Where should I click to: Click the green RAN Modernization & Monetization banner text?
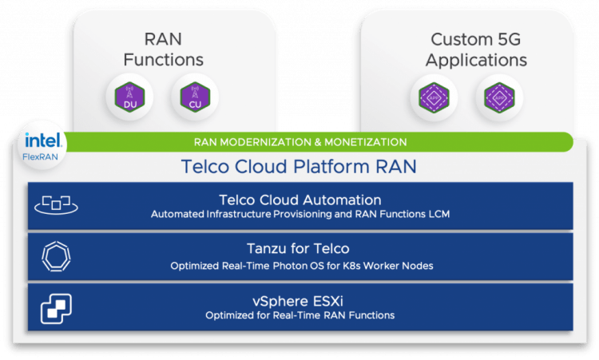point(300,142)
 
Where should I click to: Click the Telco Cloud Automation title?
point(299,200)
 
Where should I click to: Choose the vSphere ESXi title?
point(300,300)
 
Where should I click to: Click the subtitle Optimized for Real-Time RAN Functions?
point(300,315)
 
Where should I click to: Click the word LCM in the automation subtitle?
point(437,214)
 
